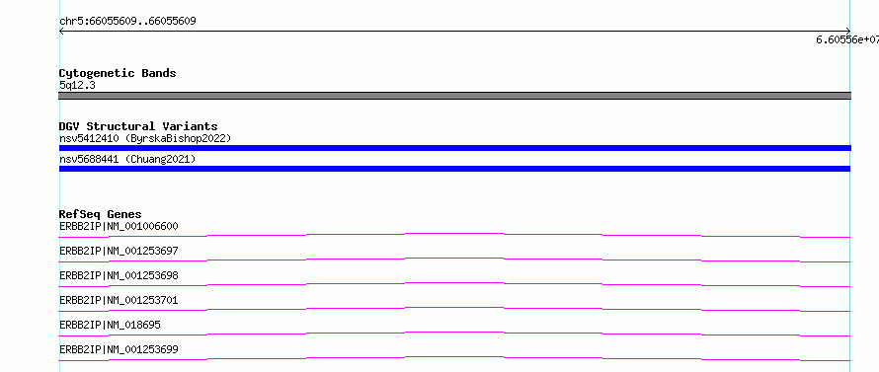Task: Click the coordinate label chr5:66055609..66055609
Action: point(127,22)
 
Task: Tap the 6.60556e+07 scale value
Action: point(847,39)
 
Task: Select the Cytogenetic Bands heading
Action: point(118,73)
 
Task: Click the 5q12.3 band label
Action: point(77,85)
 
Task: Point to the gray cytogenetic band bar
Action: point(454,96)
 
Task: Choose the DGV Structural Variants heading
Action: point(138,126)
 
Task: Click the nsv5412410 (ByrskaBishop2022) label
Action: point(145,138)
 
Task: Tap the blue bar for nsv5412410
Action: point(454,148)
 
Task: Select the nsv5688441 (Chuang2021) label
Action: point(127,160)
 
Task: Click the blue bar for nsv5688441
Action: point(454,169)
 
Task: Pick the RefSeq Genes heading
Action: point(101,214)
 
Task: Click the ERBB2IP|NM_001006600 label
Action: point(119,226)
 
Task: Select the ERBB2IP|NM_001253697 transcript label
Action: point(119,251)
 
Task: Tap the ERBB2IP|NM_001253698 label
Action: point(119,275)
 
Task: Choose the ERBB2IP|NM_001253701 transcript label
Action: point(119,300)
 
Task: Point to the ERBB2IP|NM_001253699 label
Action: point(119,349)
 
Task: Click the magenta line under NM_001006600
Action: point(454,233)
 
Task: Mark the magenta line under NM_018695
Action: point(454,333)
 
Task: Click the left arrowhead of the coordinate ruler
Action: point(60,32)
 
